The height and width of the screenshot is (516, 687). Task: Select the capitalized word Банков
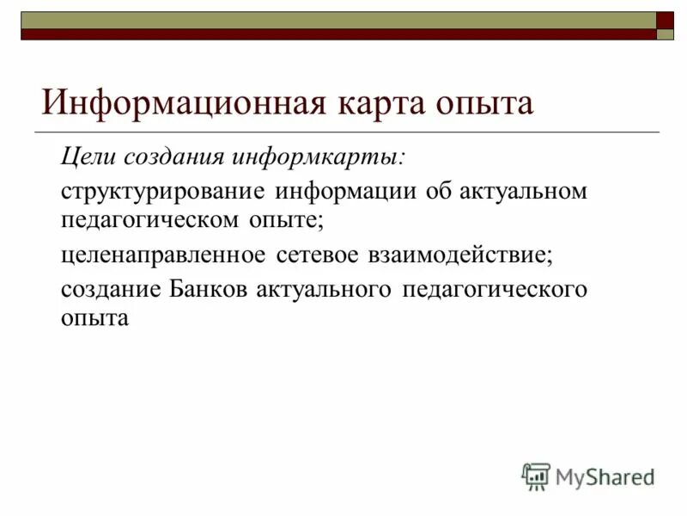[x=209, y=288]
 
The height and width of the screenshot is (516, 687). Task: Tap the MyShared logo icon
[x=536, y=476]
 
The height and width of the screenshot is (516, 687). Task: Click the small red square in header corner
[x=666, y=20]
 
